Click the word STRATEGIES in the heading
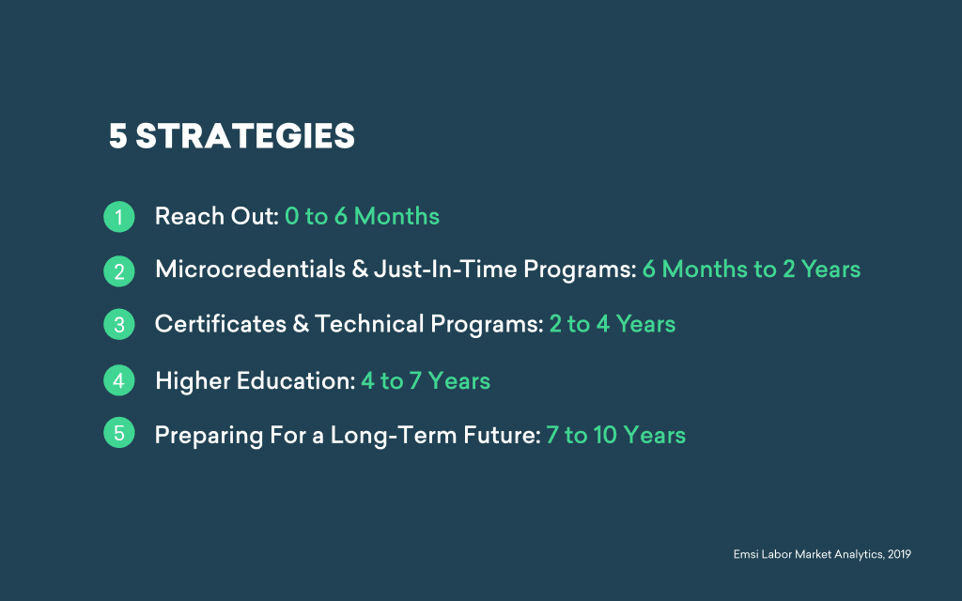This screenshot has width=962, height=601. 245,136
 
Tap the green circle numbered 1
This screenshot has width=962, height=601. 119,217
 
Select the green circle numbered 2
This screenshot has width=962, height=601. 119,271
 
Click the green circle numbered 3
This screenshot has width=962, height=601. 119,324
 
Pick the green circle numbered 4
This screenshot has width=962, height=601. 119,380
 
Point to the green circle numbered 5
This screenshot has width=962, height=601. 119,432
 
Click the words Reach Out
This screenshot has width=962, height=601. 217,216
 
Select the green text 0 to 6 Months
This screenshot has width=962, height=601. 362,216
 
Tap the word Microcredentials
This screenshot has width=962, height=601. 250,270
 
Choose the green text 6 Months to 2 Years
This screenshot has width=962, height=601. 751,270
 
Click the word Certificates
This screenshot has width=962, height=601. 220,324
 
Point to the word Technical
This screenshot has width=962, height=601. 369,324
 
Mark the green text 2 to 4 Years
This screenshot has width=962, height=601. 613,324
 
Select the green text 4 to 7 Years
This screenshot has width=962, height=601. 426,381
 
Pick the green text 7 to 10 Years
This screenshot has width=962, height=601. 615,436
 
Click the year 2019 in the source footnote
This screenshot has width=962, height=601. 899,554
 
